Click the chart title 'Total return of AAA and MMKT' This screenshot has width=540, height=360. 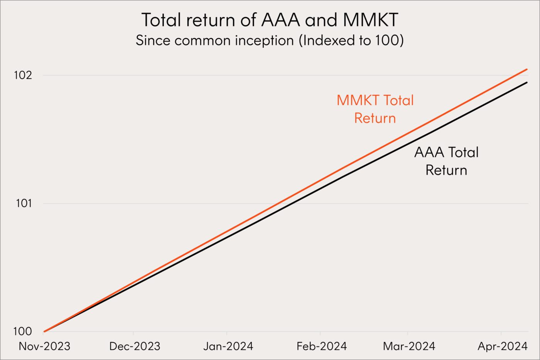270,20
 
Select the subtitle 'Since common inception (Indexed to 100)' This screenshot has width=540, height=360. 270,40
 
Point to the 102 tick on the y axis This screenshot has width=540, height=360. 23,75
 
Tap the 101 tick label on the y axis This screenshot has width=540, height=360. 24,203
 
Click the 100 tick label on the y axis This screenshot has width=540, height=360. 23,331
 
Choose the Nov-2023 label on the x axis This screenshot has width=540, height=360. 44,346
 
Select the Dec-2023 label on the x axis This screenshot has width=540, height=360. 135,346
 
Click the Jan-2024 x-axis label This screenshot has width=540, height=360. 228,346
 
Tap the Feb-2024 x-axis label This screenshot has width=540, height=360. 321,346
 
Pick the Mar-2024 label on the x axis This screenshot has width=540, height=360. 409,346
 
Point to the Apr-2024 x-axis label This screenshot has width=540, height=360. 502,346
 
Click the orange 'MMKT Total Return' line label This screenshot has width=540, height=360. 375,109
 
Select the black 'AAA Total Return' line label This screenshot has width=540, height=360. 446,161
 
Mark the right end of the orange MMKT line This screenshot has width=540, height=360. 527,69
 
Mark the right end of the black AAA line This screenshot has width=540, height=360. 527,82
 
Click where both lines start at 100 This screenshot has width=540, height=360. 45,331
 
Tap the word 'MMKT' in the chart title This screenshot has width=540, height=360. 370,20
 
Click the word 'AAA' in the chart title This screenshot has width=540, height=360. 280,20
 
